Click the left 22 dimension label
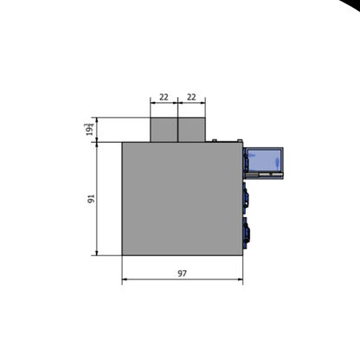164,98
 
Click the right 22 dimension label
191,98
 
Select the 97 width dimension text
182,273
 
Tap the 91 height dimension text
91,198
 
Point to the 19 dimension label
89,130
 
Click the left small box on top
164,130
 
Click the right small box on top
191,130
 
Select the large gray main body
182,198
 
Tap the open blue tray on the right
264,160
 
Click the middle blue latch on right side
247,197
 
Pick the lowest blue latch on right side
248,231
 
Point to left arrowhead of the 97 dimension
125,280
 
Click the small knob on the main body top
213,139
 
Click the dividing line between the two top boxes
177,130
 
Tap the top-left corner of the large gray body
122,142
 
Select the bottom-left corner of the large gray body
122,255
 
